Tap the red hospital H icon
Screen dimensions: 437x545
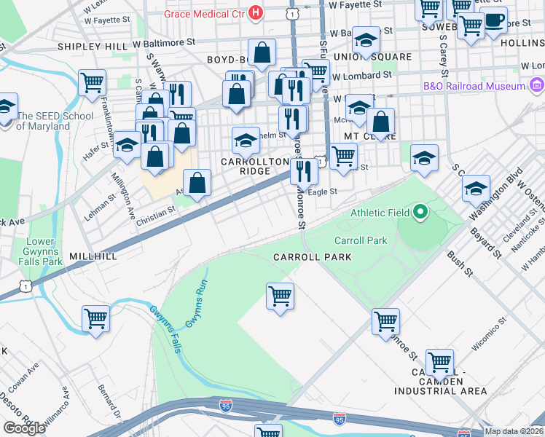coord(255,12)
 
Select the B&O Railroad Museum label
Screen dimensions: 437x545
coord(474,86)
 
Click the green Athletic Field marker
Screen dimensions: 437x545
coord(420,213)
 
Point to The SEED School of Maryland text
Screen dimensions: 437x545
coord(55,121)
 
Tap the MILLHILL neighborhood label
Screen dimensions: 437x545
coord(93,257)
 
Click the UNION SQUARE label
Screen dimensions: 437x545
coord(362,56)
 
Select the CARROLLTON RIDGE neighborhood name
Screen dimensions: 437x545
coord(245,165)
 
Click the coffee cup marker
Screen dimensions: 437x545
coord(494,23)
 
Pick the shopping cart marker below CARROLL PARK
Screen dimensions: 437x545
coord(280,297)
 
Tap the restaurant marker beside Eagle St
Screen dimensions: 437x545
coord(303,172)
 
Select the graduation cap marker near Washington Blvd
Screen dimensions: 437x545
coord(475,189)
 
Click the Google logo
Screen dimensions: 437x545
coord(25,428)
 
